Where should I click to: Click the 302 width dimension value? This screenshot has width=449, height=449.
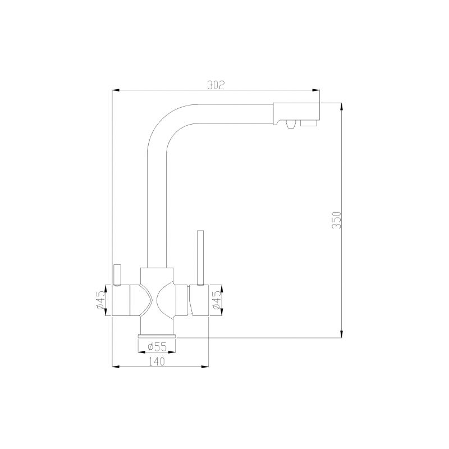coord(216,85)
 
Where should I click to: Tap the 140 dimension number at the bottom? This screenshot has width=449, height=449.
coord(157,362)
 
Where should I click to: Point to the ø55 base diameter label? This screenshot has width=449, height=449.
coord(157,347)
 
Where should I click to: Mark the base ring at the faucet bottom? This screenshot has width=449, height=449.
coord(157,336)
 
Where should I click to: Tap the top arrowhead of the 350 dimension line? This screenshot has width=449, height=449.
coord(342,105)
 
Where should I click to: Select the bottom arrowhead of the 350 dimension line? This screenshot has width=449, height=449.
coord(342,335)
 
